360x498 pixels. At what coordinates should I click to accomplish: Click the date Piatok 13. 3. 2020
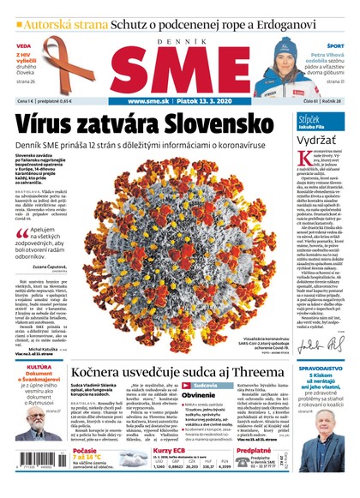(x=205, y=101)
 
